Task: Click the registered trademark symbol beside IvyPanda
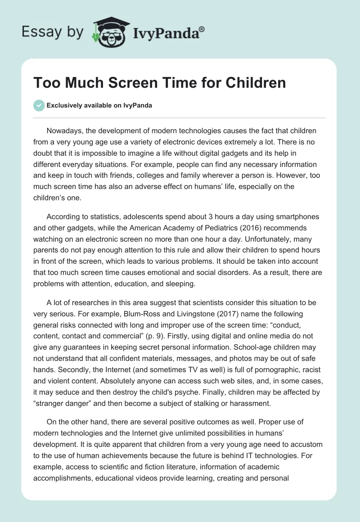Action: coord(202,29)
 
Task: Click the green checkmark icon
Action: coord(38,106)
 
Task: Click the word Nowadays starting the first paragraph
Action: coord(66,131)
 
